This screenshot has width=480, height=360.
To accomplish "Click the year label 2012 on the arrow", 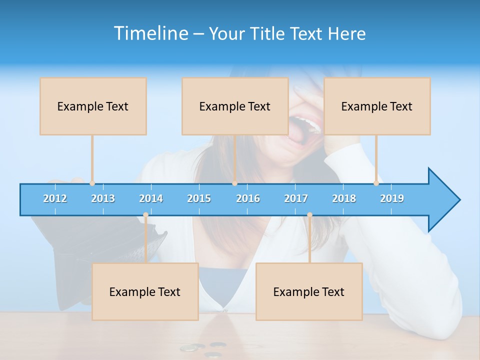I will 55,198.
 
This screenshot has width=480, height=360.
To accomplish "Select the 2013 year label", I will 103,198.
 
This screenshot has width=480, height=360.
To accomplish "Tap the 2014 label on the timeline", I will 151,198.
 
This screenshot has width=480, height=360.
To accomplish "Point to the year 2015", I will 199,198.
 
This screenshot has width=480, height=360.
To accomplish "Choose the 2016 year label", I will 248,198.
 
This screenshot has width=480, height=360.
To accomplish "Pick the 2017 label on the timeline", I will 296,198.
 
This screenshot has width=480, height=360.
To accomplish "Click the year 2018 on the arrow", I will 344,198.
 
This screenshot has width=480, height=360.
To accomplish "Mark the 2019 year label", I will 392,198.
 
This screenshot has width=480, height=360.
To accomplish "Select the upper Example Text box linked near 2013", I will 93,106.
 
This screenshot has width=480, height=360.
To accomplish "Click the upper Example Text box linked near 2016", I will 235,106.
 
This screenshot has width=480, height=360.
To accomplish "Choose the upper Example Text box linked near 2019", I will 377,106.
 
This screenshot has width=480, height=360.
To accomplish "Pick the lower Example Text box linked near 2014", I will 145,291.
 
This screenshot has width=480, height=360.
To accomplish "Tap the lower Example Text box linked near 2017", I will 309,291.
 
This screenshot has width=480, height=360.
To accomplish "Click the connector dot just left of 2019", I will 376,183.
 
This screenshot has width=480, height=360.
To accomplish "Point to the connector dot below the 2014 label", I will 145,215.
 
